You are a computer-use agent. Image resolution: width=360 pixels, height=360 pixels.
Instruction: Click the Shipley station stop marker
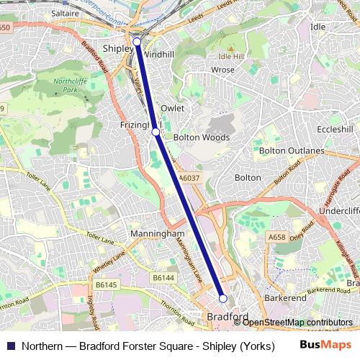click(x=137, y=42)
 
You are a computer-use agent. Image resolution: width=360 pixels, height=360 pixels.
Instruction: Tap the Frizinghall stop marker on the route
click(x=156, y=132)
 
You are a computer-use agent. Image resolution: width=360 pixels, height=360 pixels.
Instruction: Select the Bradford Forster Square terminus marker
click(x=223, y=298)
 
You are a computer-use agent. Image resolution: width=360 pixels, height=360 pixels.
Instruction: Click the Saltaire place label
click(x=66, y=14)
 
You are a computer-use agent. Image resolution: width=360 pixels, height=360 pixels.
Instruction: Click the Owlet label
click(x=174, y=108)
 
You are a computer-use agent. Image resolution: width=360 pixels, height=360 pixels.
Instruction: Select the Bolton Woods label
click(x=202, y=138)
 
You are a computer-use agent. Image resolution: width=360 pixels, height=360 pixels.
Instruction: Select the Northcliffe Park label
click(x=68, y=87)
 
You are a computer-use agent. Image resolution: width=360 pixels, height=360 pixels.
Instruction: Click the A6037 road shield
click(x=189, y=177)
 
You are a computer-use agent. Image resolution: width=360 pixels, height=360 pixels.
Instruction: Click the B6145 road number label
click(x=106, y=284)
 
